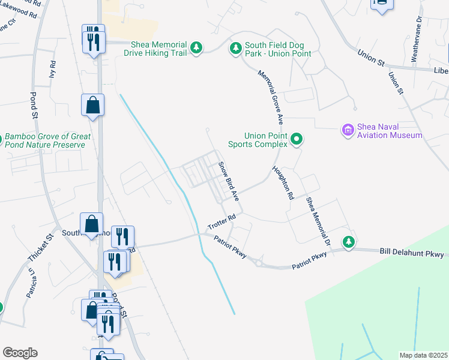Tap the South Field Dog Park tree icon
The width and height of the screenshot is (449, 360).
tap(236, 47)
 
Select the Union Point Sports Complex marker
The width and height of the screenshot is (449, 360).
tap(296, 140)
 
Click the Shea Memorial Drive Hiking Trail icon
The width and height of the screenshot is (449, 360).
tap(196, 47)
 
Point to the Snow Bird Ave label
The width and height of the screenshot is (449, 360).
tap(228, 181)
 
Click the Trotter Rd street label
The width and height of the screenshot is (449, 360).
tap(221, 222)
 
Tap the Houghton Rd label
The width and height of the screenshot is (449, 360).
tap(283, 183)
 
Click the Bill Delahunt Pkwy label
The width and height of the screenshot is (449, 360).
tap(412, 254)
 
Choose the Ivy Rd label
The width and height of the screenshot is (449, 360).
tap(53, 69)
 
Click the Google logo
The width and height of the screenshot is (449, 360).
tap(20, 353)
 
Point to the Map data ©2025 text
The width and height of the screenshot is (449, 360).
tap(423, 355)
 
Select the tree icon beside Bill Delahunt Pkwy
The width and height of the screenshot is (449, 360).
tap(348, 242)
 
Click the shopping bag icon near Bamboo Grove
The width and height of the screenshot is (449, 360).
tap(93, 106)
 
